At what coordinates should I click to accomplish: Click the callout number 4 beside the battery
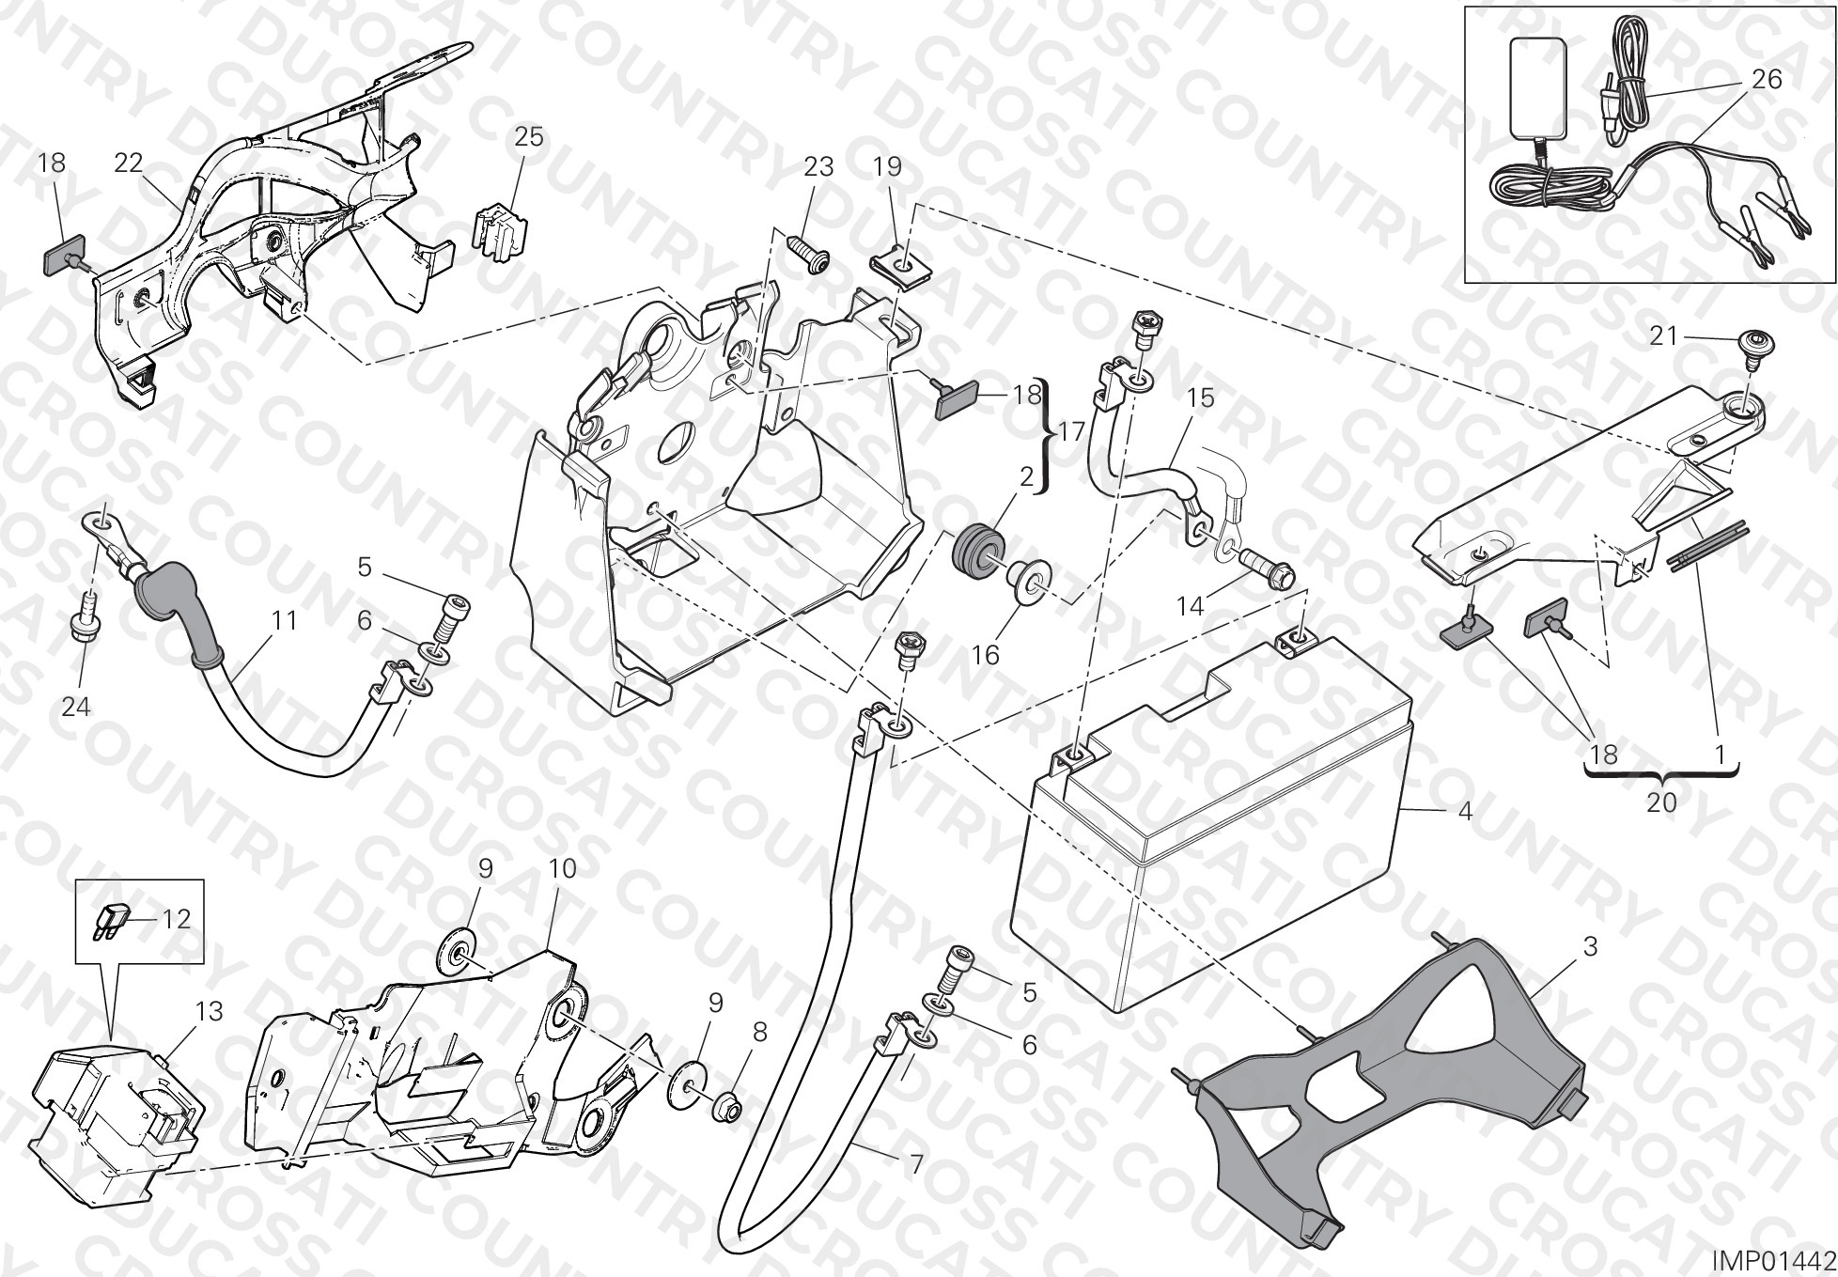pos(1465,811)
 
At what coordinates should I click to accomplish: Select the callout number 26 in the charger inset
pos(1767,79)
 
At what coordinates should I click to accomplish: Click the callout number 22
pos(129,163)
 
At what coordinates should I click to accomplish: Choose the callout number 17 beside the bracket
pos(1071,434)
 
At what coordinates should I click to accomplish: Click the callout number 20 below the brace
pos(1661,803)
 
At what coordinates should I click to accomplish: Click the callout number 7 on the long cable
pos(916,1165)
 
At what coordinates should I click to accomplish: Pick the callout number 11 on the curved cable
pos(284,621)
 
